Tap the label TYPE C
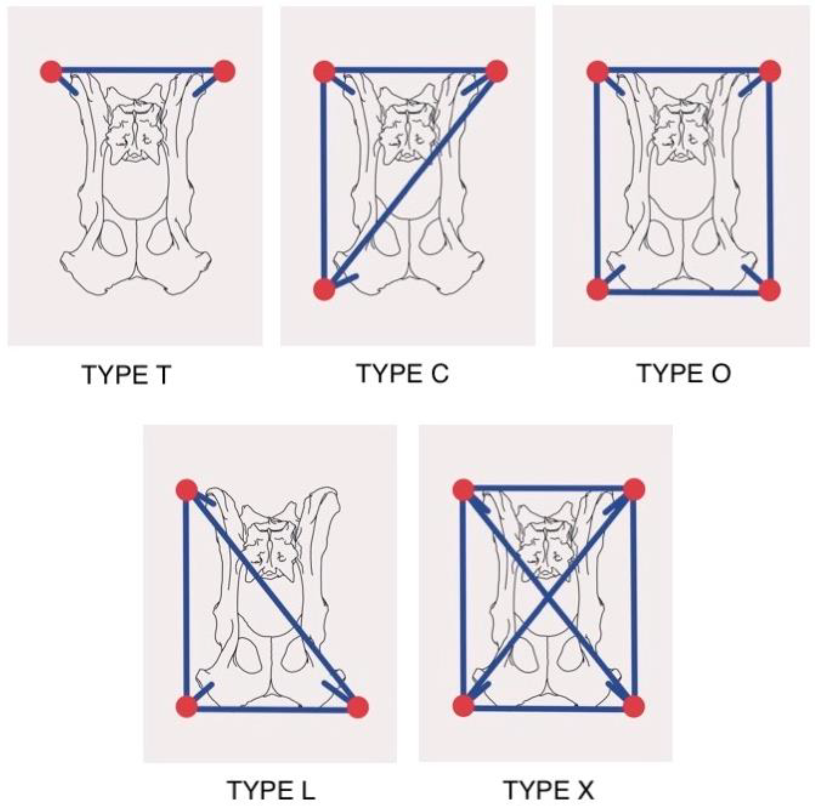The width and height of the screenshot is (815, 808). pyautogui.click(x=403, y=373)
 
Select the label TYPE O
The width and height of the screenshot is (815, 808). pyautogui.click(x=683, y=373)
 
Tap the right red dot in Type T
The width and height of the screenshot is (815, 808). pyautogui.click(x=224, y=71)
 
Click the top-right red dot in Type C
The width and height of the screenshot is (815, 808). pyautogui.click(x=496, y=71)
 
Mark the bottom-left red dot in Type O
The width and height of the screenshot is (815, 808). pyautogui.click(x=598, y=290)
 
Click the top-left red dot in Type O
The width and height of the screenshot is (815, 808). pyautogui.click(x=598, y=71)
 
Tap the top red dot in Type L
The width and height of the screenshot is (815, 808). pyautogui.click(x=187, y=490)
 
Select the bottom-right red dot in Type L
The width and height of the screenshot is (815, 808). pyautogui.click(x=358, y=707)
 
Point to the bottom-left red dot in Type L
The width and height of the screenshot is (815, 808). pyautogui.click(x=186, y=706)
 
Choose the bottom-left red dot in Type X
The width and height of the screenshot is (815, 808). pyautogui.click(x=463, y=706)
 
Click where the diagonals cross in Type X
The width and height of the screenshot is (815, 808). pyautogui.click(x=548, y=598)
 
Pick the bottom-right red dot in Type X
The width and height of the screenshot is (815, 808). pyautogui.click(x=634, y=706)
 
